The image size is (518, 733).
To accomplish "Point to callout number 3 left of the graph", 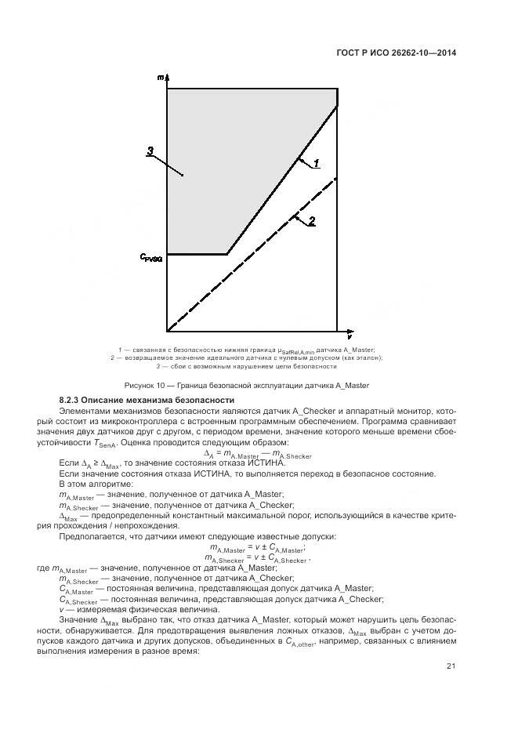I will (150, 152).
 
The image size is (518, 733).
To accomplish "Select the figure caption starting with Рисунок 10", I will (247, 385).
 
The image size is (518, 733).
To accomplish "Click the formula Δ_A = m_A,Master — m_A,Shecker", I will (258, 454).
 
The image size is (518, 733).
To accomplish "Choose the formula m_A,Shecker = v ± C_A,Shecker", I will (257, 558).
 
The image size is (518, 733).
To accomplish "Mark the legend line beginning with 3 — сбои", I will (247, 366).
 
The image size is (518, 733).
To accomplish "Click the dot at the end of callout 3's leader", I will (182, 176).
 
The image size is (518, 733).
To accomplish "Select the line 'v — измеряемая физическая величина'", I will (130, 608).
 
